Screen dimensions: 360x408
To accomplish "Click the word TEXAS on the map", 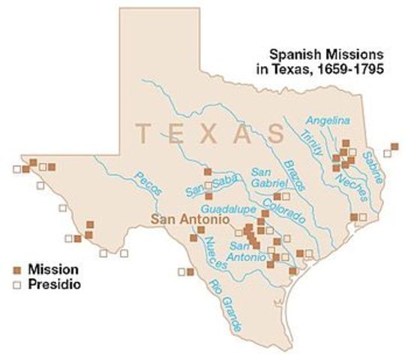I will pyautogui.click(x=209, y=133).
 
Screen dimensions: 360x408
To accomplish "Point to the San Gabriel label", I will pyautogui.click(x=268, y=177).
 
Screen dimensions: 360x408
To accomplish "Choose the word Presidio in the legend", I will pyautogui.click(x=53, y=285).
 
